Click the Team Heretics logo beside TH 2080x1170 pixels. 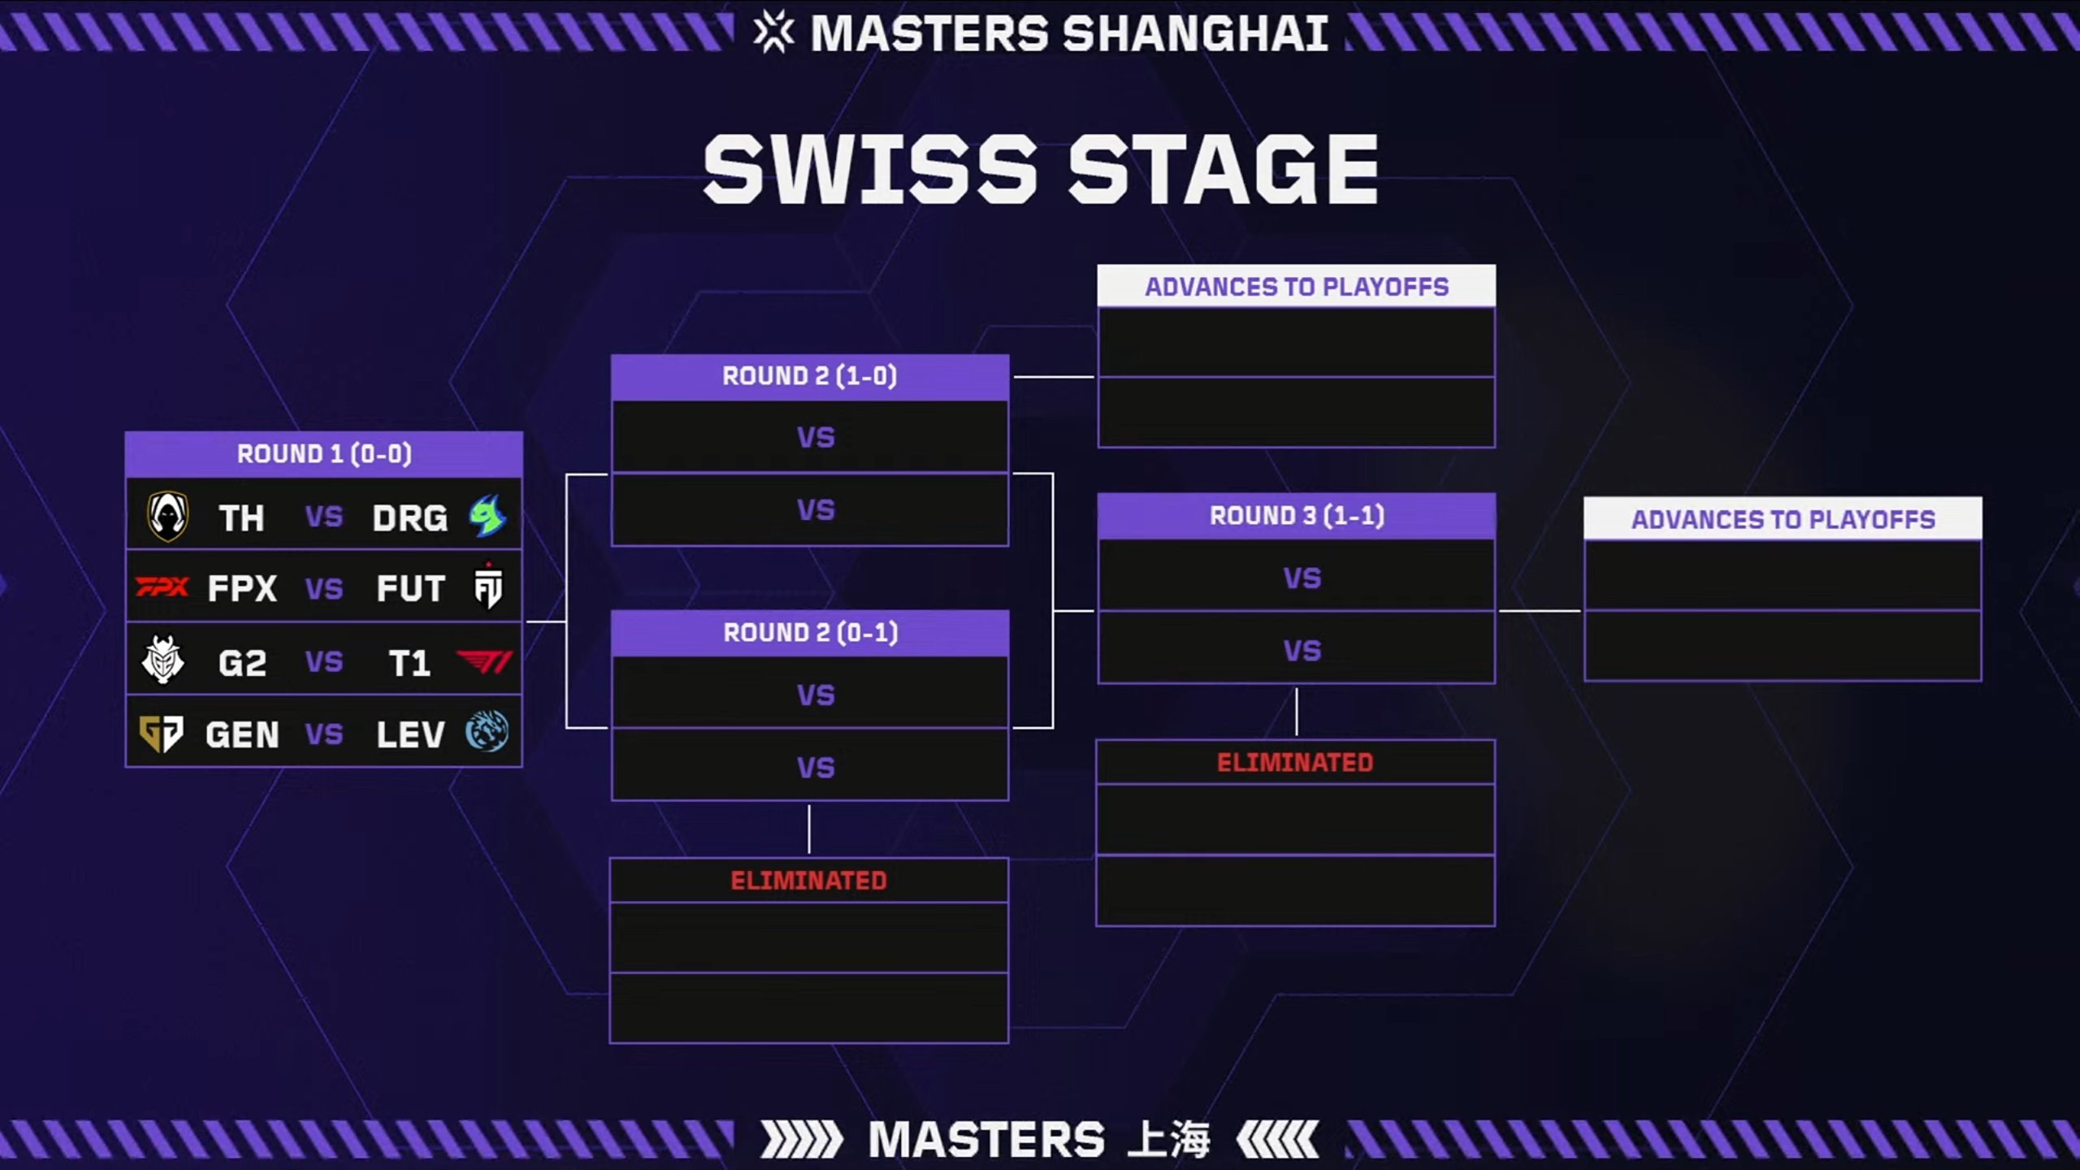(x=168, y=516)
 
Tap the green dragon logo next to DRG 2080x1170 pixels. (x=487, y=516)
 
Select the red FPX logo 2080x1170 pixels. (x=162, y=587)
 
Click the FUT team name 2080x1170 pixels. (x=410, y=589)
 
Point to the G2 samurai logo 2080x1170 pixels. (x=163, y=660)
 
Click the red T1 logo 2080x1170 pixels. (x=484, y=662)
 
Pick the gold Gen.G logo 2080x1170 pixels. (x=161, y=734)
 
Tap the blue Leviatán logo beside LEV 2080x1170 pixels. (x=487, y=731)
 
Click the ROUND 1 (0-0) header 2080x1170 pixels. (x=324, y=453)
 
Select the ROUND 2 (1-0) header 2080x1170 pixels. (x=809, y=376)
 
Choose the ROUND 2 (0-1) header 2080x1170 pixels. (x=810, y=632)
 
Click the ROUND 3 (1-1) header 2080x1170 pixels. (x=1297, y=515)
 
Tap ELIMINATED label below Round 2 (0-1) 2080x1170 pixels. (x=808, y=881)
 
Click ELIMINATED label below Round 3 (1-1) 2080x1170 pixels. (x=1295, y=762)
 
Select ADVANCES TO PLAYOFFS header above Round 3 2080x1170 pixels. (x=1297, y=287)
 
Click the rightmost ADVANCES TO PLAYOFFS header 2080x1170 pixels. (x=1783, y=519)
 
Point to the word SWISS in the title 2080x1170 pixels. (x=870, y=171)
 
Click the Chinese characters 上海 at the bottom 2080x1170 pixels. (x=1169, y=1139)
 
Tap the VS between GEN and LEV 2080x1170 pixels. (x=324, y=734)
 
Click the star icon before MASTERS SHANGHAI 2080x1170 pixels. (x=773, y=32)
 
